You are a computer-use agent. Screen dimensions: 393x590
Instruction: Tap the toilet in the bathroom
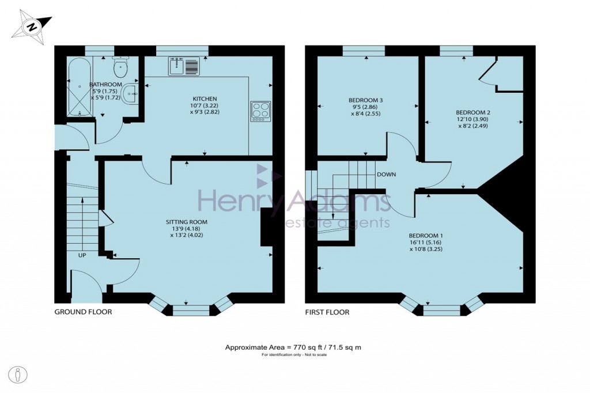120,69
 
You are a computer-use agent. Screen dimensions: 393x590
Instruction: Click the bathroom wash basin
132,93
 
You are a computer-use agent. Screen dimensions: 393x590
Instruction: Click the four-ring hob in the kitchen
260,110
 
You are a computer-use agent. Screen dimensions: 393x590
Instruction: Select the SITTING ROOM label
187,222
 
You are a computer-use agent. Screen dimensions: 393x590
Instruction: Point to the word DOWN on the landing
386,174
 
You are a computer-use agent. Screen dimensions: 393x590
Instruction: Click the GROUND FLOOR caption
83,312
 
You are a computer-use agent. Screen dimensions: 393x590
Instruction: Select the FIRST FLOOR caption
327,312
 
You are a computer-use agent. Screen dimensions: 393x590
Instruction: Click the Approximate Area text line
293,347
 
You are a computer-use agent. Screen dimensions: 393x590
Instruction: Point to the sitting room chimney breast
267,227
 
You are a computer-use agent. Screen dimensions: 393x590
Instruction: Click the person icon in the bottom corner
20,374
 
